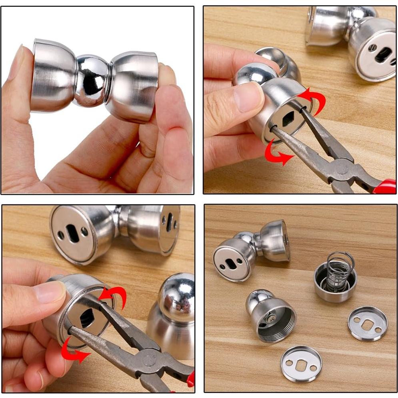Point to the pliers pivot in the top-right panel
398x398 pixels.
(x=342, y=168)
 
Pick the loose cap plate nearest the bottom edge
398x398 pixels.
(x=301, y=363)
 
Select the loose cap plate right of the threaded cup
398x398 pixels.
(x=367, y=323)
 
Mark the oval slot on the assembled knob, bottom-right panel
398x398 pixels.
(x=231, y=264)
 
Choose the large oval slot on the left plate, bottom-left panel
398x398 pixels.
(x=72, y=233)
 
